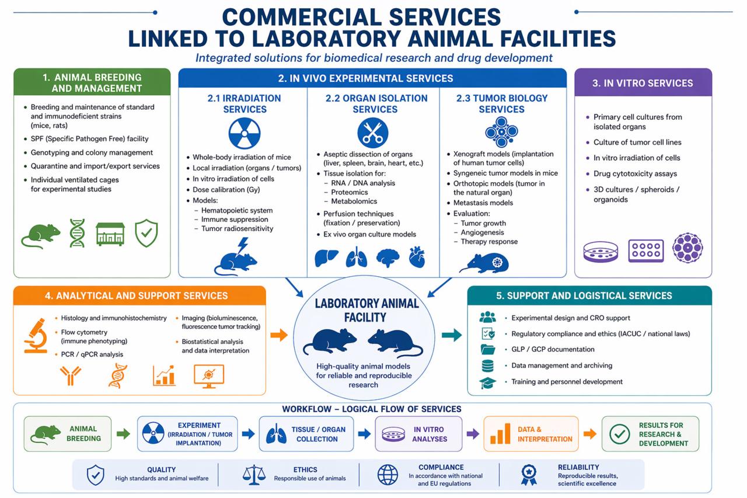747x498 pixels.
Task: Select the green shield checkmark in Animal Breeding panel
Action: pyautogui.click(x=146, y=234)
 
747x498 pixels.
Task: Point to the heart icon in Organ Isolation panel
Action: pyautogui.click(x=417, y=257)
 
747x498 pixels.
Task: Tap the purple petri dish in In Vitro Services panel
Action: pyautogui.click(x=601, y=251)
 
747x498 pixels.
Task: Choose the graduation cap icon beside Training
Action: pyautogui.click(x=487, y=383)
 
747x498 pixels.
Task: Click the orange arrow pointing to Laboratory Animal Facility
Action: pyautogui.click(x=280, y=335)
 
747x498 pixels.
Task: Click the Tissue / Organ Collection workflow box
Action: pyautogui.click(x=306, y=434)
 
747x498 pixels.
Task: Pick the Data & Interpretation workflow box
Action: pyautogui.click(x=530, y=434)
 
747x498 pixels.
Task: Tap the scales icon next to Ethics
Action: pyautogui.click(x=254, y=474)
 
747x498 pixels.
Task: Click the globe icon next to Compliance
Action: pyautogui.click(x=388, y=474)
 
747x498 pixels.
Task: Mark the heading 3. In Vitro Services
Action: pyautogui.click(x=643, y=83)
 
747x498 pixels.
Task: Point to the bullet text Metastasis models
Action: pyautogui.click(x=483, y=203)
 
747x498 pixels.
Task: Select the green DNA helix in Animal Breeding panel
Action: pyautogui.click(x=77, y=234)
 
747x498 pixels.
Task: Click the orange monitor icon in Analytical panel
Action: pyautogui.click(x=208, y=376)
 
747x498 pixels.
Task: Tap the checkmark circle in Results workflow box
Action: pyautogui.click(x=619, y=434)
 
